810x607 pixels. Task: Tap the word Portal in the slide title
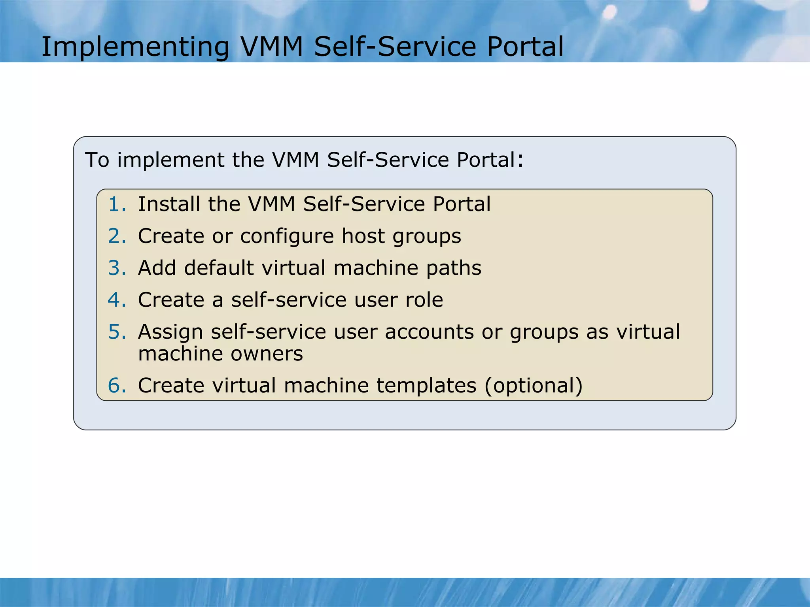click(x=525, y=47)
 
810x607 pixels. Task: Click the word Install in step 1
click(x=169, y=204)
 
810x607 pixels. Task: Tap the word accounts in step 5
click(x=429, y=332)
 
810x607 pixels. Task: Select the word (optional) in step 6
click(x=534, y=386)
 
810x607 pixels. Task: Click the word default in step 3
click(x=219, y=268)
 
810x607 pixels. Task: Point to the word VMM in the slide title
click(x=271, y=47)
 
